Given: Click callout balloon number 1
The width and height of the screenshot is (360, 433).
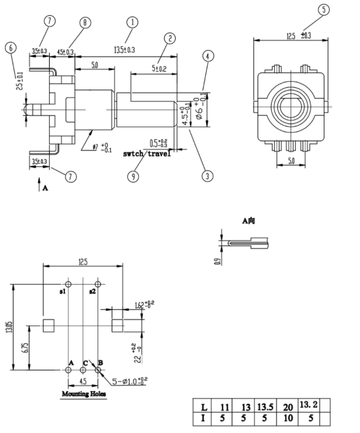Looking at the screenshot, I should [x=132, y=22].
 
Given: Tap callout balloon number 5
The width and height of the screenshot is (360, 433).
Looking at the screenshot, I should [x=323, y=10].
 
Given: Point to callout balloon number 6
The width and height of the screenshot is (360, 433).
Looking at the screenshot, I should [x=10, y=48].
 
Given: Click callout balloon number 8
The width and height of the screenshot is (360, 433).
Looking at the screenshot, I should [x=85, y=22].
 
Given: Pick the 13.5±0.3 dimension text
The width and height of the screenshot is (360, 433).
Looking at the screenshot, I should [x=124, y=50].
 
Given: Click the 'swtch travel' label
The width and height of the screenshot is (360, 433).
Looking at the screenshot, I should [x=147, y=154].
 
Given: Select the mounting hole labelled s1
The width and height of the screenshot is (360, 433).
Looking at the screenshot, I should [x=68, y=285].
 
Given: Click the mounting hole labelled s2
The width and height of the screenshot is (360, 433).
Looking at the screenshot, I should [x=98, y=285].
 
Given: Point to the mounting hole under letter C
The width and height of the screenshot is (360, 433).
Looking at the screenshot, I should [x=83, y=370].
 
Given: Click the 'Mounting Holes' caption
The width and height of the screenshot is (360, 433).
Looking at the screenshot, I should [x=84, y=394].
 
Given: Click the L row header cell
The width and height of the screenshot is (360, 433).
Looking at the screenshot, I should [x=204, y=406].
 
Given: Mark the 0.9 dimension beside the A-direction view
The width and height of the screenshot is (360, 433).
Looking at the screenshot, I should [x=218, y=261].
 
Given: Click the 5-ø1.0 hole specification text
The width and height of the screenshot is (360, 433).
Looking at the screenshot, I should [x=130, y=380].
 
